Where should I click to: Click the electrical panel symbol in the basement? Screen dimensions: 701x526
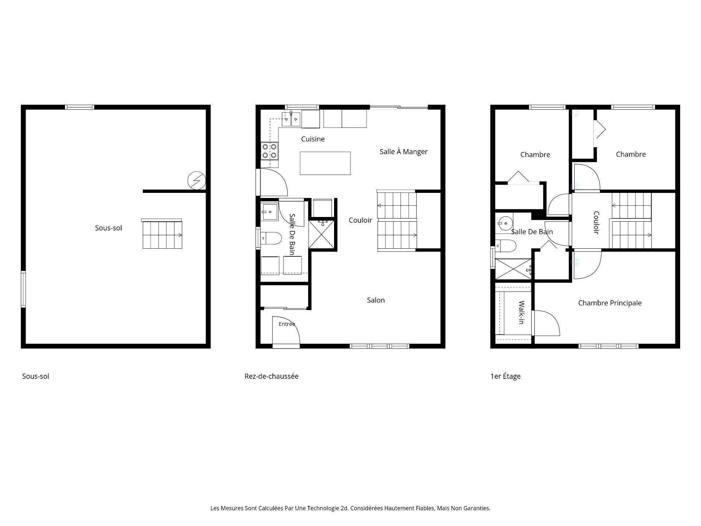point(196,180)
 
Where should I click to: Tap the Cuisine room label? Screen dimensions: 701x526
point(313,139)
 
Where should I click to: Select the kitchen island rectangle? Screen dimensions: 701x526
point(325,163)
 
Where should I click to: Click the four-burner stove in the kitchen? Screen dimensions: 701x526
point(269,151)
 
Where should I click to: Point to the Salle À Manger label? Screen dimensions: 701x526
point(403,152)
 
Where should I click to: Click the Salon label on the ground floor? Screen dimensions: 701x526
point(376,300)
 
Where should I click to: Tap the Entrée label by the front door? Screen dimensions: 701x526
point(287,324)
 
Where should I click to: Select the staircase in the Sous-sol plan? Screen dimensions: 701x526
point(162,234)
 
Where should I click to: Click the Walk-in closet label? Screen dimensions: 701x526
point(521,312)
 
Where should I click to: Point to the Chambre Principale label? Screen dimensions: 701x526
point(610,303)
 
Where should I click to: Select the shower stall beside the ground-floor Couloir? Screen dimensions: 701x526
point(322,234)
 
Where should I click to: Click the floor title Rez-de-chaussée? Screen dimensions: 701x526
point(271,376)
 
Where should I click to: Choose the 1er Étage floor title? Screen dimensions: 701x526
point(505,376)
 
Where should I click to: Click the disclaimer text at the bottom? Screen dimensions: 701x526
point(350,508)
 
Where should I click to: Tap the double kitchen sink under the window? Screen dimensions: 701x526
point(291,119)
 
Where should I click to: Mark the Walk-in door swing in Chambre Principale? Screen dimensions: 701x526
point(547,323)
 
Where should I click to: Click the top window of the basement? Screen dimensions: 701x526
point(80,107)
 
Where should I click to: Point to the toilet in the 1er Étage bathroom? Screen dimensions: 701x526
point(506,246)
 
